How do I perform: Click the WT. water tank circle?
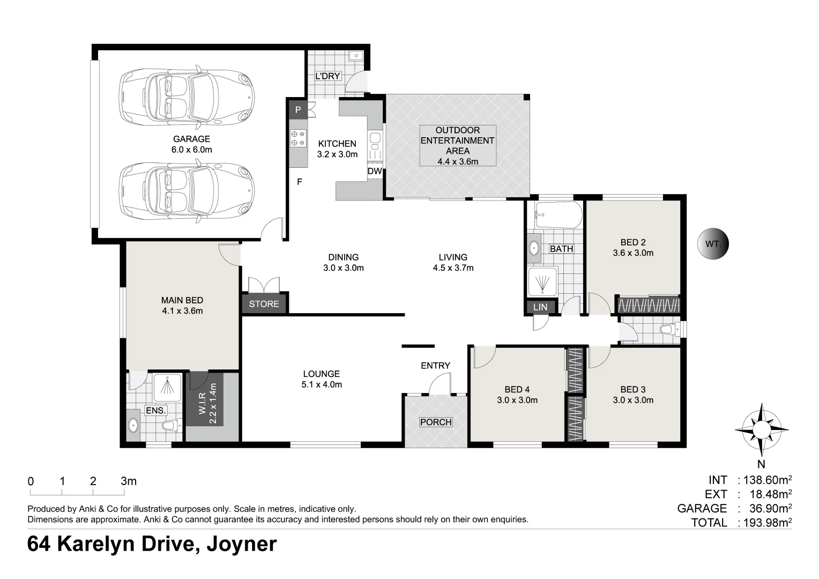713,244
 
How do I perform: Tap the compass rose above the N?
762,429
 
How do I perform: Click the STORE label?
264,304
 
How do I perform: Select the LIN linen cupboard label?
540,307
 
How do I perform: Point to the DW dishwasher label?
375,171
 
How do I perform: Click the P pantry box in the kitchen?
299,110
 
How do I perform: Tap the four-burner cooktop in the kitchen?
299,139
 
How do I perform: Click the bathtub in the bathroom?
559,214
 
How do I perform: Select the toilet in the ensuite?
172,425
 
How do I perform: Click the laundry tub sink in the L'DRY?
355,56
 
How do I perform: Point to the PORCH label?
436,422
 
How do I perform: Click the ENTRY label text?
435,366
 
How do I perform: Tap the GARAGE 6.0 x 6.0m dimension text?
191,150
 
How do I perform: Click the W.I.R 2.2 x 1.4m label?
209,404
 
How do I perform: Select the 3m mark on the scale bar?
128,481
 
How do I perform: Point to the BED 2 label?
633,242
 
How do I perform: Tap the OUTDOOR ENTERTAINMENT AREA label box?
458,146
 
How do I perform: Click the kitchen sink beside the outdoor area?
375,143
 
